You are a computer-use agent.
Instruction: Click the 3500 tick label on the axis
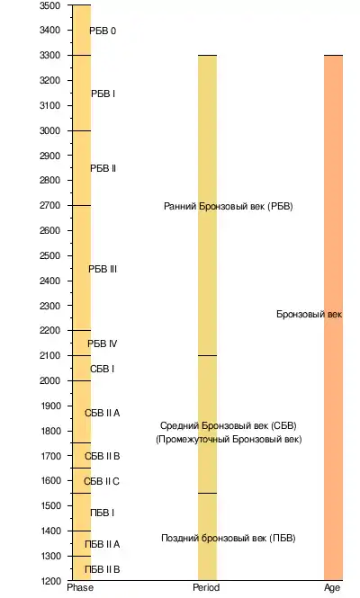50,5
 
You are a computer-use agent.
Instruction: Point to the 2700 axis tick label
50,206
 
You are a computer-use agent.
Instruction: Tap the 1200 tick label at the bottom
50,581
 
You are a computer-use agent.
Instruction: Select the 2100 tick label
50,355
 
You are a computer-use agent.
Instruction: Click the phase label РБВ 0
103,31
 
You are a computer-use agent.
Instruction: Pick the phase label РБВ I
103,94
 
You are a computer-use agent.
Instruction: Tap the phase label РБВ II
103,168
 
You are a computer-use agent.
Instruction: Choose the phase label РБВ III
103,269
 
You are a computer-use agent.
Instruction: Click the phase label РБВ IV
103,344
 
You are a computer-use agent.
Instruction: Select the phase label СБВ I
102,370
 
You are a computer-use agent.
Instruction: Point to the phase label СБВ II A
103,413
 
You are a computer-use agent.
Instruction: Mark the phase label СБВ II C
102,481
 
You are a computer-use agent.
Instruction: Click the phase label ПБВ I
102,513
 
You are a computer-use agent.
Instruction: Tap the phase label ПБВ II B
103,569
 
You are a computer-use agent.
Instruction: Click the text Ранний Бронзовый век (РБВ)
229,206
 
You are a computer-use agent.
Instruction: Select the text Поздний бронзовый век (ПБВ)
229,538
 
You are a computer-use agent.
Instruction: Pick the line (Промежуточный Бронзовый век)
229,440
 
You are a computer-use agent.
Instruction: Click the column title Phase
80,587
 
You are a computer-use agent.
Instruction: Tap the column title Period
206,587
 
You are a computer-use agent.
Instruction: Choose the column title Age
332,588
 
